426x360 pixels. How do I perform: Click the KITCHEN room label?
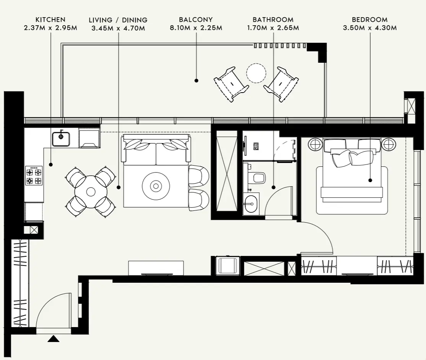tap(50, 20)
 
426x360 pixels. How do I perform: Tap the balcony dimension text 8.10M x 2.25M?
tap(196, 28)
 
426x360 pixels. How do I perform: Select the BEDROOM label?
tap(369, 20)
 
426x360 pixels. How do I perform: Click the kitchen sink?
tap(61, 139)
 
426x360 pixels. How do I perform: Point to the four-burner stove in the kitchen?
tap(34, 176)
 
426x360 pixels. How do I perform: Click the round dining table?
tap(90, 191)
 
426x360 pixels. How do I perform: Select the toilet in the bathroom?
tap(259, 178)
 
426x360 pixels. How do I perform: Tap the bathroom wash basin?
tap(250, 202)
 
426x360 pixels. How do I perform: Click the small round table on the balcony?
tap(256, 72)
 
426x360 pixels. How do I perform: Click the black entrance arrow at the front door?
tap(54, 339)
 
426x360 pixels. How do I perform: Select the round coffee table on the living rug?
tap(156, 186)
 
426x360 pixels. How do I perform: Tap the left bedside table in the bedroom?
tap(316, 144)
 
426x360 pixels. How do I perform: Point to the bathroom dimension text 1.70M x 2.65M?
tap(273, 28)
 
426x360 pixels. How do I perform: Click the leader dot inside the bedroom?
tap(370, 180)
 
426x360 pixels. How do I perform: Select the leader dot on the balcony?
tap(196, 81)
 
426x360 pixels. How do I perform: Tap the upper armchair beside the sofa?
tap(199, 176)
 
